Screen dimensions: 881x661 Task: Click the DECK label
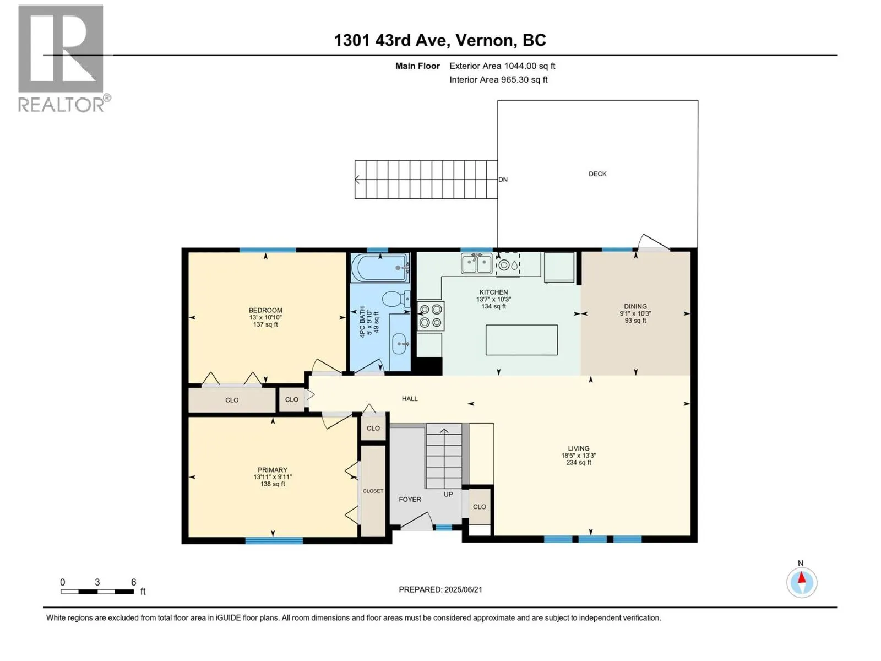[597, 174]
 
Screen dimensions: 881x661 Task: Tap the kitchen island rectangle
[521, 340]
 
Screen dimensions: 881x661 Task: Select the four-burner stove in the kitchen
[431, 316]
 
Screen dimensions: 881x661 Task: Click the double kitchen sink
[476, 264]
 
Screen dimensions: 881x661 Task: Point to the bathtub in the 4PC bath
[380, 268]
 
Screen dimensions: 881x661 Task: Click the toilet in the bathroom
[396, 299]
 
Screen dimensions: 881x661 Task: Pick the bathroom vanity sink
[399, 344]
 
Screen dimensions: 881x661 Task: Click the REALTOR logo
[64, 58]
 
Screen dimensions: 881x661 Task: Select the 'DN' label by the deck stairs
[503, 180]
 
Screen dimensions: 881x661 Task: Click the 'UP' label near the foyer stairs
[448, 494]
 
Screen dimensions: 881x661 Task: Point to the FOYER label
[410, 499]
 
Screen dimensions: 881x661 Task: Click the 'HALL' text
[410, 398]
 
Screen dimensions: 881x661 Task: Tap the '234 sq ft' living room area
[578, 462]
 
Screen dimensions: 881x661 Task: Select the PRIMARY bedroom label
[273, 469]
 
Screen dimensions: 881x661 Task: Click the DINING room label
[635, 306]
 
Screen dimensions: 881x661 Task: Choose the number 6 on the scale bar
[134, 582]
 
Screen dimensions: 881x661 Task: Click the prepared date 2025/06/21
[463, 589]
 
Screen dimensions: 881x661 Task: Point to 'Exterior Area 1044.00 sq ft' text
[502, 66]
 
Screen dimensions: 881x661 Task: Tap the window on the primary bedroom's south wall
[274, 540]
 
